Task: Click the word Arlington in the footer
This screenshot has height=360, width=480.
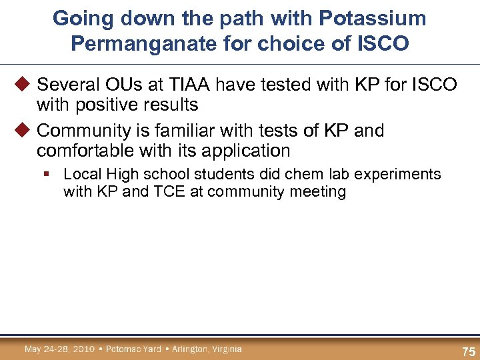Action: tap(189, 349)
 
